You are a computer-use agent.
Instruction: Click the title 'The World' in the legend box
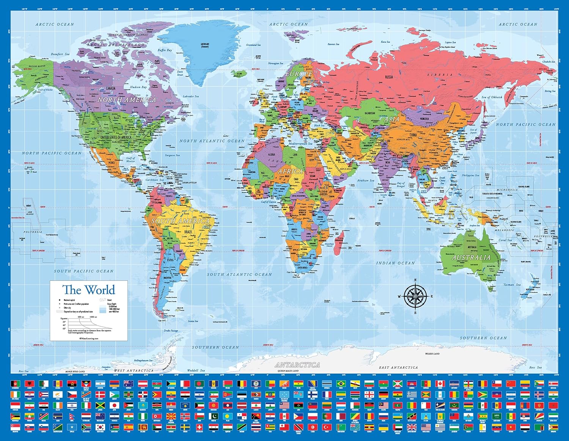click(89, 290)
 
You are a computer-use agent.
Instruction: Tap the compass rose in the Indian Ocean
click(415, 296)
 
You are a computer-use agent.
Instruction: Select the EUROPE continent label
click(299, 74)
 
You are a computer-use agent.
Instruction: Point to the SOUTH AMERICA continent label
click(181, 220)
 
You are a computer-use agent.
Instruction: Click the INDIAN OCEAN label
click(395, 263)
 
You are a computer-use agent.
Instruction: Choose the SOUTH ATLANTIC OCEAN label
click(239, 274)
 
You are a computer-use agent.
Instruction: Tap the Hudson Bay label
click(138, 87)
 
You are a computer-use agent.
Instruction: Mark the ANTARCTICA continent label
click(297, 365)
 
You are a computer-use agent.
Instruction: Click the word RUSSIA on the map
click(389, 77)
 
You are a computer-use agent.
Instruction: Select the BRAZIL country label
click(188, 232)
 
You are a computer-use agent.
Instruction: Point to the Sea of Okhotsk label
click(492, 97)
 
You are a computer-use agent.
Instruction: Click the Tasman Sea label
click(512, 285)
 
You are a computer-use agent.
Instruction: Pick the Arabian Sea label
click(366, 180)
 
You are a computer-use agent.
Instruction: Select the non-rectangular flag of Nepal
click(72, 416)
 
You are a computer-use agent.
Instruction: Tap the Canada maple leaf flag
click(440, 383)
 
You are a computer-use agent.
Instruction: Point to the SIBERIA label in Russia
click(440, 75)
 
